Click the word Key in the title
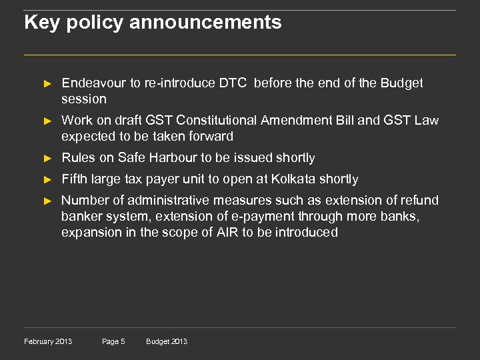(39, 23)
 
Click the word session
(83, 99)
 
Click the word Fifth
(73, 179)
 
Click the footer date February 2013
(48, 341)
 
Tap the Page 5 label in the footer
(113, 341)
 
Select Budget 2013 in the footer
(167, 341)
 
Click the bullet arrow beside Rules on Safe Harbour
(47, 159)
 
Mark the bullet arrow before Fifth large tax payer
(47, 180)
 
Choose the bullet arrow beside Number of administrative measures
(47, 201)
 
